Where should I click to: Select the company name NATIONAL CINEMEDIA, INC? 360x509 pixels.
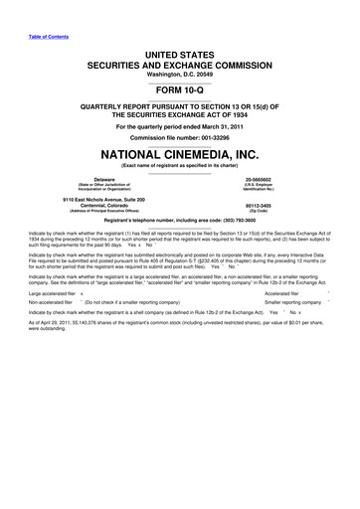[180, 155]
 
